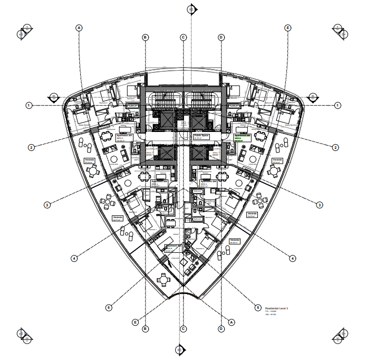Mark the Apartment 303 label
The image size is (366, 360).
(x=172, y=247)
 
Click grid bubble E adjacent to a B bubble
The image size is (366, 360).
(x=136, y=321)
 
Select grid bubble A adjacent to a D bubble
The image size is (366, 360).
(x=231, y=321)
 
